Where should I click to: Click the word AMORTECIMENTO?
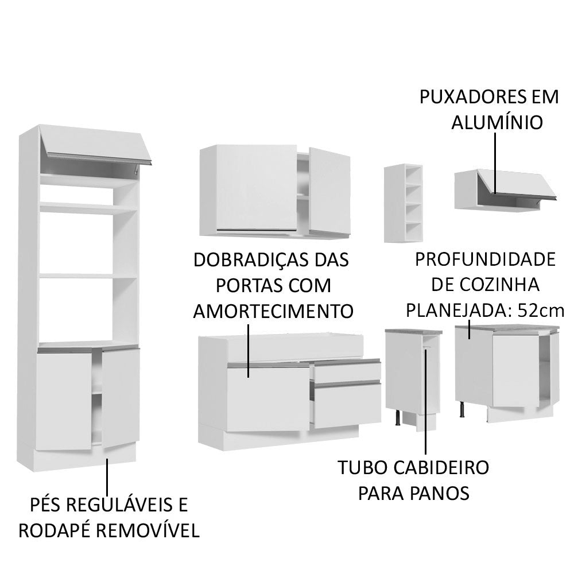pos(273,311)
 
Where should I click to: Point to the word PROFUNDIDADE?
pos(486,259)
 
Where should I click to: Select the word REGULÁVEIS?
pos(119,505)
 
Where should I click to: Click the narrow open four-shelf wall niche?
pos(404,203)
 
